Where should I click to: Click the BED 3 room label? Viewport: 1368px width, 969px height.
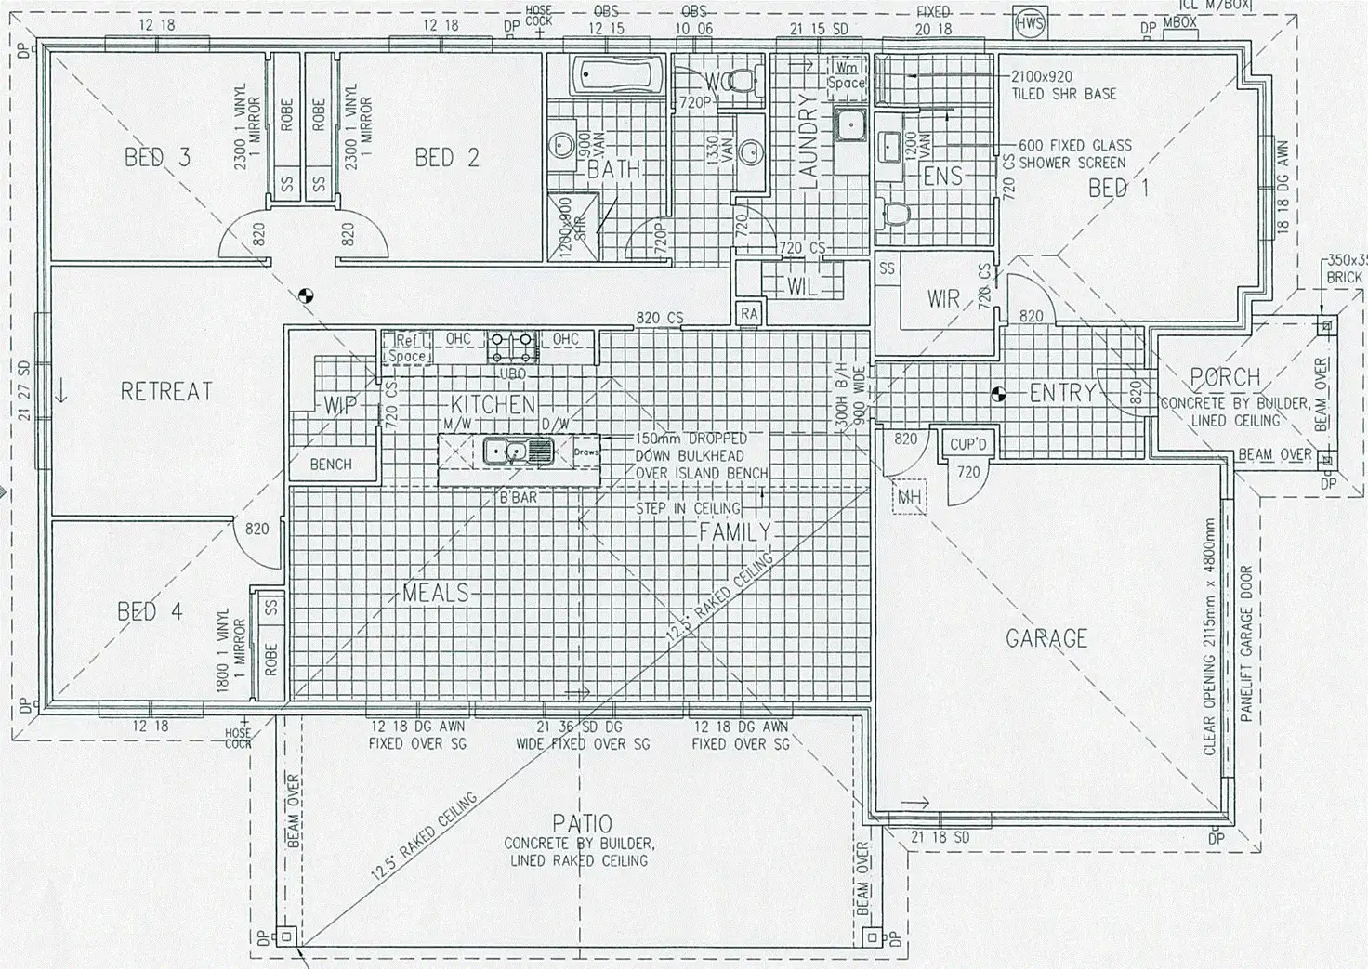click(x=157, y=157)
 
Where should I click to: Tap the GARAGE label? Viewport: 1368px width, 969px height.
click(x=1046, y=638)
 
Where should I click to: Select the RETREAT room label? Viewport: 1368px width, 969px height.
click(x=166, y=391)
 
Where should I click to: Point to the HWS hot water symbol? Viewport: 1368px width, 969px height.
click(x=1029, y=23)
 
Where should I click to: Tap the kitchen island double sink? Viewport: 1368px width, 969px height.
click(x=517, y=452)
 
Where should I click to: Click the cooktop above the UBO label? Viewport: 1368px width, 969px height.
click(x=512, y=347)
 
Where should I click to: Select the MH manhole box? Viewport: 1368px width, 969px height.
click(x=908, y=498)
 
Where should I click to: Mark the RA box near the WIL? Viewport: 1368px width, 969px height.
click(x=749, y=315)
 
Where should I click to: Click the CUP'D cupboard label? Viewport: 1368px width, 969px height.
click(x=967, y=445)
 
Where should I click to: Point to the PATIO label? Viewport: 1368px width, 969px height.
click(x=582, y=823)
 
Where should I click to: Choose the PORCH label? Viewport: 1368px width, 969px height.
click(x=1226, y=378)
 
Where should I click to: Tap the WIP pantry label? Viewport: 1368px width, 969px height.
click(x=336, y=405)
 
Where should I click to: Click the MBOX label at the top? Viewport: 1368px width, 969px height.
click(x=1179, y=22)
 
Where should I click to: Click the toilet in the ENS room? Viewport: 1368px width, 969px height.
click(x=896, y=214)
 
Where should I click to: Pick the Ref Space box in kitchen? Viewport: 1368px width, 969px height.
click(x=406, y=347)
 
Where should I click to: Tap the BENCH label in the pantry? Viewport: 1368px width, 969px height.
click(x=331, y=464)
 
